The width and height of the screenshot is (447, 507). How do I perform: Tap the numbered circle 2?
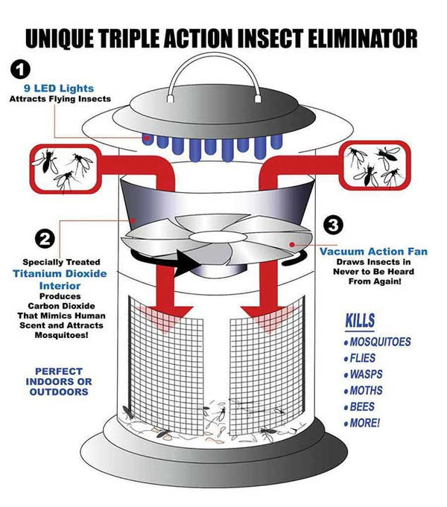[x=45, y=239]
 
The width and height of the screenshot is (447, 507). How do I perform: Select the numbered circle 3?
[x=333, y=223]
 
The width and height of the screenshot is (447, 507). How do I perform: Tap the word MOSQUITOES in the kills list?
[x=380, y=342]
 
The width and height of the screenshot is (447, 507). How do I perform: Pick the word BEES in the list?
[x=363, y=407]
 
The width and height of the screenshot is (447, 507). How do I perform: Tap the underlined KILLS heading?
[x=359, y=321]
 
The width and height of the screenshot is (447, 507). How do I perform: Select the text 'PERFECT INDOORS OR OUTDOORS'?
[x=64, y=380]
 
